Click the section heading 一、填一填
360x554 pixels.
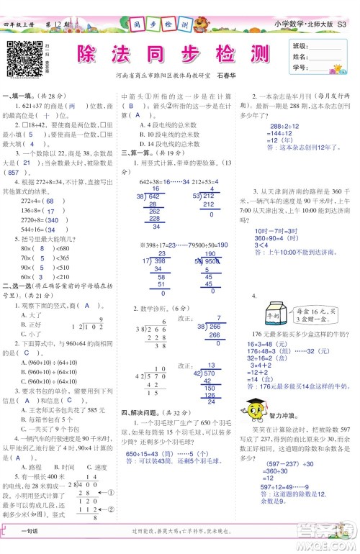19,95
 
